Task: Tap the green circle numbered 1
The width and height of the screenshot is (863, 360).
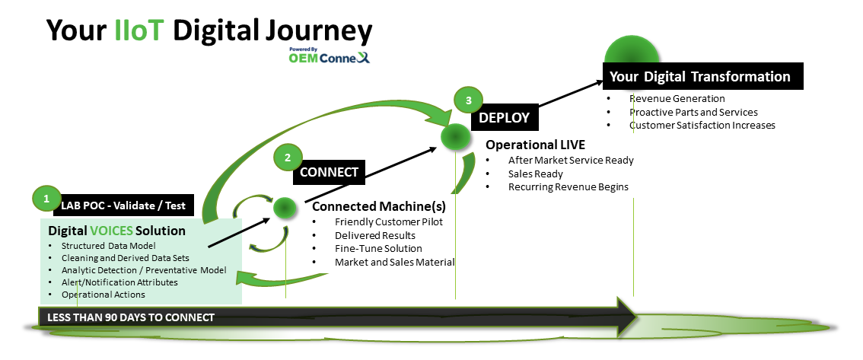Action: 46,199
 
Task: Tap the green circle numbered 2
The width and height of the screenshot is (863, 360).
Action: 288,158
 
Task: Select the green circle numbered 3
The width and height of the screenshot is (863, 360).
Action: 468,100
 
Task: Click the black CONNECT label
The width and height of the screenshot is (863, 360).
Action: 329,172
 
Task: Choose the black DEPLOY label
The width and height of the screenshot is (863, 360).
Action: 504,118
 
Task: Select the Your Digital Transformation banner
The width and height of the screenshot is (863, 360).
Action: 702,77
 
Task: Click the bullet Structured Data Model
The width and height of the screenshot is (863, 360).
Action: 109,245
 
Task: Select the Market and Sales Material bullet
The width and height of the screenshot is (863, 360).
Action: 394,263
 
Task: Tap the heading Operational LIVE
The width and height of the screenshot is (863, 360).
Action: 535,144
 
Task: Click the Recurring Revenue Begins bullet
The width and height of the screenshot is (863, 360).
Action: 568,187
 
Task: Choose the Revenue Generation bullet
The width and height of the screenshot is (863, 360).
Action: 677,98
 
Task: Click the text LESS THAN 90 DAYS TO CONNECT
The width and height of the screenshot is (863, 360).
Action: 131,317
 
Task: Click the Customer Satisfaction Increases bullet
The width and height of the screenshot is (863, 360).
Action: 702,125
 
